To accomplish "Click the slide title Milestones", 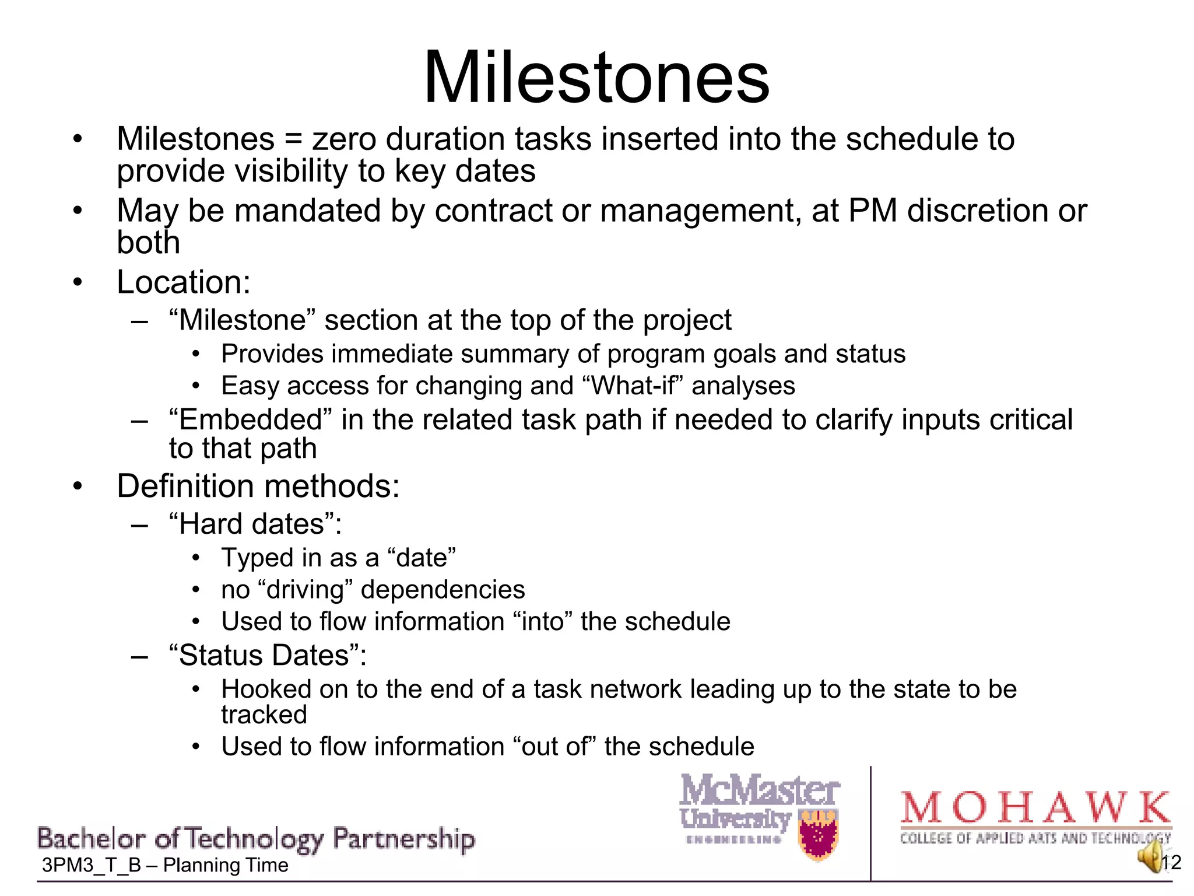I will point(596,78).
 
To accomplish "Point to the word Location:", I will point(184,282).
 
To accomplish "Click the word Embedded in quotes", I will point(250,420).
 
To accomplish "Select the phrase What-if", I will point(636,386).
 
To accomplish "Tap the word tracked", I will point(264,715).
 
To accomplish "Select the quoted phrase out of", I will point(554,747).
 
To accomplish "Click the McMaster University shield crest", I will point(819,835).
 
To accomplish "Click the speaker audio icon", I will point(1151,857).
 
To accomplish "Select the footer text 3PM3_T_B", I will point(92,865).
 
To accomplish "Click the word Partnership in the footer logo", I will point(403,839).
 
